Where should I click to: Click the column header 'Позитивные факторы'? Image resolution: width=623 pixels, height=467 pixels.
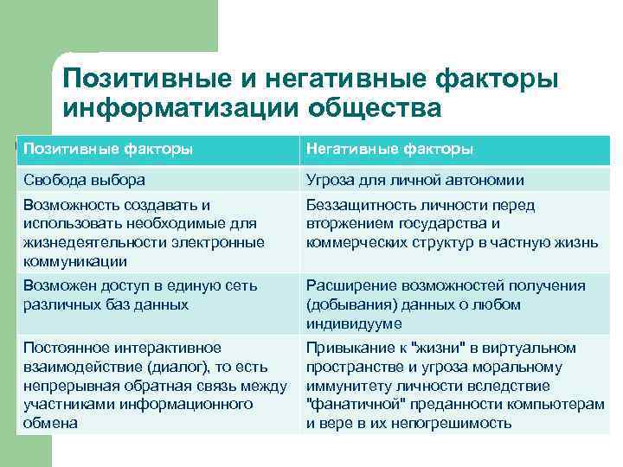pos(108,150)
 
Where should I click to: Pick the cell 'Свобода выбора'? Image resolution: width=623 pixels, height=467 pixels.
pos(85,181)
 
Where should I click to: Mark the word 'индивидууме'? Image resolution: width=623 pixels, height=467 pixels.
pos(353,324)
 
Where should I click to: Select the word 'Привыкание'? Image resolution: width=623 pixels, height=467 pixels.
pos(345,348)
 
